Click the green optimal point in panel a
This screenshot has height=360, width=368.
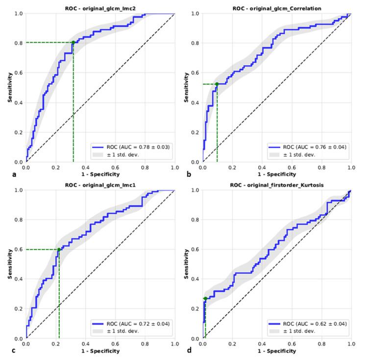(74, 42)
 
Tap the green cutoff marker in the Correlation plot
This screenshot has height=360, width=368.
(217, 84)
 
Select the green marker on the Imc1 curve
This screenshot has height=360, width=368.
(59, 249)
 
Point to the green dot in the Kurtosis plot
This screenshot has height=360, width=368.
(205, 299)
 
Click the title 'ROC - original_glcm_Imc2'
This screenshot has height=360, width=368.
(100, 8)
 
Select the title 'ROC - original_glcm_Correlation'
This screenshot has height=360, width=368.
(277, 8)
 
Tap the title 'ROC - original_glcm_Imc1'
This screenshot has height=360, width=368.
(100, 185)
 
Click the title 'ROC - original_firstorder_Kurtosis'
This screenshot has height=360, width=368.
(277, 185)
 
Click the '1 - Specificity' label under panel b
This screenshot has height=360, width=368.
(277, 174)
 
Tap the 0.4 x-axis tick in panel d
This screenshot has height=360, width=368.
(263, 344)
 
